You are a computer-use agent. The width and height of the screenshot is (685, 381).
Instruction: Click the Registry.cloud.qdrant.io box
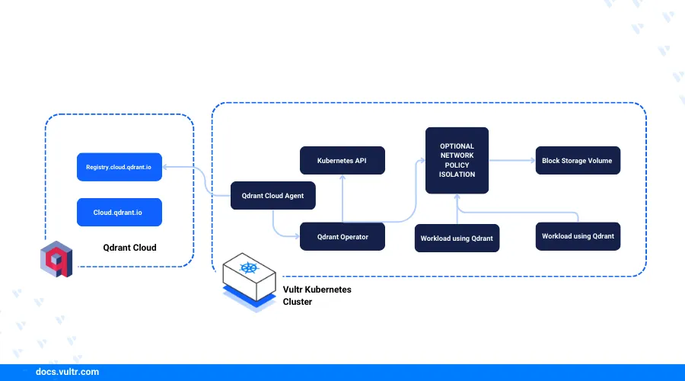119,167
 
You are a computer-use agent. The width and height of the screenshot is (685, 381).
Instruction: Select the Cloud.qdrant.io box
119,212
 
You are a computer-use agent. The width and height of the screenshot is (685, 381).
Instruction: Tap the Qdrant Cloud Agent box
272,196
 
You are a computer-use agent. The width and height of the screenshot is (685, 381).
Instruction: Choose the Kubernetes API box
342,161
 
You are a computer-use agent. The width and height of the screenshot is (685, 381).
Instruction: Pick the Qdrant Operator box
342,237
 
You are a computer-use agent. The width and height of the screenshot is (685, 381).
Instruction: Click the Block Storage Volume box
578,161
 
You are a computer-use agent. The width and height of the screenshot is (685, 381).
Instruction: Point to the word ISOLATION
457,174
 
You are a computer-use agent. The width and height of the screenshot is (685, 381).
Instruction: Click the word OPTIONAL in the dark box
457,146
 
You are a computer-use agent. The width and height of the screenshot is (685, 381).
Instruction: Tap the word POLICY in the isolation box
457,165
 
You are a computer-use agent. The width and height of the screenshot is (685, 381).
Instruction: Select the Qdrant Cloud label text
129,248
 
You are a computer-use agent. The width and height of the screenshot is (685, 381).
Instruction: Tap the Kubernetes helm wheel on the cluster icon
248,268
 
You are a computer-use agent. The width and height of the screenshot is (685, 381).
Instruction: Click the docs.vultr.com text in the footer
67,372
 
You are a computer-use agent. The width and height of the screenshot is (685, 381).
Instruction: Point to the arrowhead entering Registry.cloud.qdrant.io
165,167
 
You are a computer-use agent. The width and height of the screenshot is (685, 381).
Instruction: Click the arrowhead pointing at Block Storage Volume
532,161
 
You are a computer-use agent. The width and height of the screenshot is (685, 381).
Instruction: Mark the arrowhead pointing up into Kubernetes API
342,177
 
